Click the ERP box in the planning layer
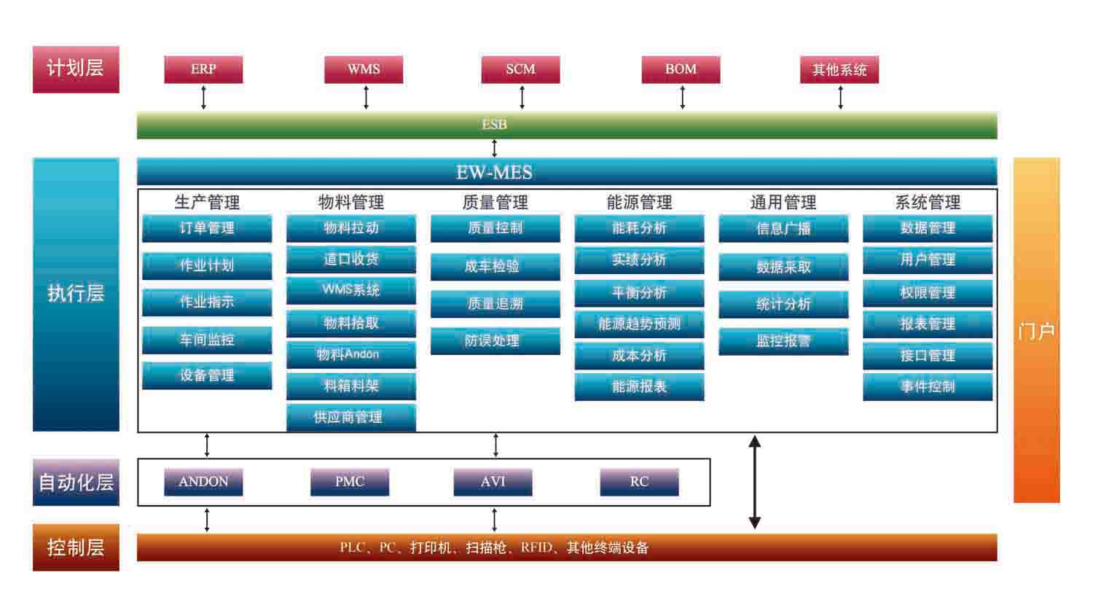(203, 69)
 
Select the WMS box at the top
(364, 69)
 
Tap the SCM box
(520, 69)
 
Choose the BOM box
(681, 69)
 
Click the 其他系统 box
(839, 70)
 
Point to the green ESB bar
(567, 125)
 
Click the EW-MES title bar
(567, 172)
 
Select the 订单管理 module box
(207, 228)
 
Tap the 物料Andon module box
(350, 354)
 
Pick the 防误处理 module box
(495, 340)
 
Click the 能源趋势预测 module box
(639, 324)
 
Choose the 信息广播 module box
(783, 228)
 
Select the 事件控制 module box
(928, 386)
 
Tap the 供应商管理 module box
(350, 417)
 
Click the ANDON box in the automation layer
(203, 482)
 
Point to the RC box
(639, 482)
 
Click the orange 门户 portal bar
(1036, 330)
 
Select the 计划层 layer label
(76, 69)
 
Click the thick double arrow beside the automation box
(755, 482)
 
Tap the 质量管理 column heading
(495, 202)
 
